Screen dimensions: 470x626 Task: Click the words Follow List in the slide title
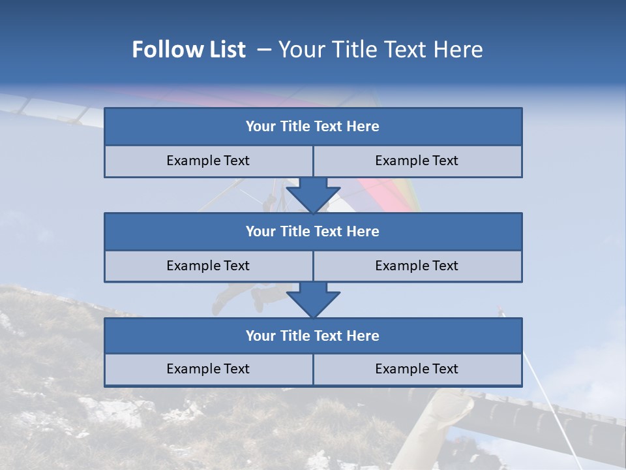tap(188, 50)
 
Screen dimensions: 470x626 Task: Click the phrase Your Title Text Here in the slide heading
tap(380, 50)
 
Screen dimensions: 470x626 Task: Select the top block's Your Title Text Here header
tap(312, 127)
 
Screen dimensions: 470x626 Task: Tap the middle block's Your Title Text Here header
tap(312, 231)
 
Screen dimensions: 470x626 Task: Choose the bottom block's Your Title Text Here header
tap(312, 336)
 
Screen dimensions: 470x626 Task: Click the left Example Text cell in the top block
tap(208, 161)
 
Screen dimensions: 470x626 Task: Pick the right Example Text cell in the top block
tap(417, 161)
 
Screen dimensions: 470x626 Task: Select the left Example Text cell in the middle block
tap(208, 266)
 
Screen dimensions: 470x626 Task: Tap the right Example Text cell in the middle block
tap(417, 266)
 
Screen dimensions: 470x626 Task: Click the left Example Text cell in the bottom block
tap(208, 369)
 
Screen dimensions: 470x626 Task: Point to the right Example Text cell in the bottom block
tap(417, 369)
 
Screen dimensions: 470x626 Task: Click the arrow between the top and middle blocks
tap(313, 195)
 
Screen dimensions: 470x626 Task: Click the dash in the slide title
tap(264, 50)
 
